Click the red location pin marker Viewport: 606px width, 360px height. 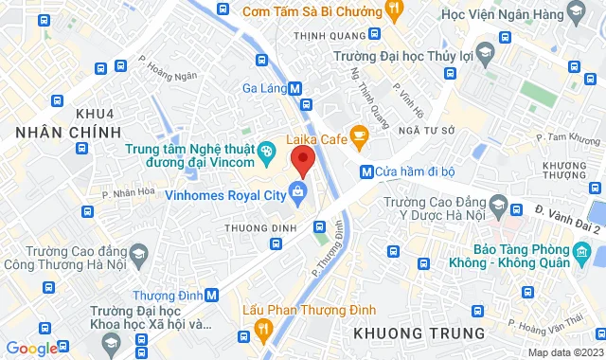coord(302,159)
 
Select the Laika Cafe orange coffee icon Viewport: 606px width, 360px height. coord(359,138)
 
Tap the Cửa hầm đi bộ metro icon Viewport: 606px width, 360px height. coord(365,171)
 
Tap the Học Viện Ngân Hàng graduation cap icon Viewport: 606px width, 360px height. coord(575,11)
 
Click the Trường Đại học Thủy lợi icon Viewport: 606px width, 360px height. coord(485,50)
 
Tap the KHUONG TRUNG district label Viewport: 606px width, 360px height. coord(417,333)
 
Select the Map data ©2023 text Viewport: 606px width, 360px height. coord(562,352)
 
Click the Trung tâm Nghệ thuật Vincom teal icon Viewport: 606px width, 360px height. coord(268,149)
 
